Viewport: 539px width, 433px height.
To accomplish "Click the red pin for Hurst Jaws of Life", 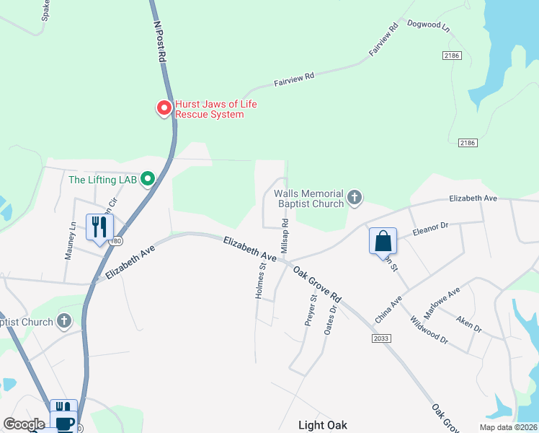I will (164, 108).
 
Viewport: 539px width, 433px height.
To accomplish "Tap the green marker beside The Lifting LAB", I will (148, 178).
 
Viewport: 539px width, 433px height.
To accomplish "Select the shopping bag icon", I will (383, 241).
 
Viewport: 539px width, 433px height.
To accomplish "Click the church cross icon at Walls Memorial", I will (354, 196).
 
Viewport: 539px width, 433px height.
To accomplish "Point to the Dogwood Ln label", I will (428, 27).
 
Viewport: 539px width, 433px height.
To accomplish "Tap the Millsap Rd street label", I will (285, 235).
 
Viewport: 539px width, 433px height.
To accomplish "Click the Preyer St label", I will (311, 310).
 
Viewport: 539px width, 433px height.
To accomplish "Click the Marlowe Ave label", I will (442, 302).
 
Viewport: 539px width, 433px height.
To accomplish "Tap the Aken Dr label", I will (468, 323).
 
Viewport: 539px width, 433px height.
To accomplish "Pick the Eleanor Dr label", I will (430, 230).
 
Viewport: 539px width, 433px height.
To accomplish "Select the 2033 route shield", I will (381, 338).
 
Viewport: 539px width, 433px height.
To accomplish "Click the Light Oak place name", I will (323, 425).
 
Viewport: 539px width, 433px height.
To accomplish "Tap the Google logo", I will (24, 424).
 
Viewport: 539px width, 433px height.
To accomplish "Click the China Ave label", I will (387, 310).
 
